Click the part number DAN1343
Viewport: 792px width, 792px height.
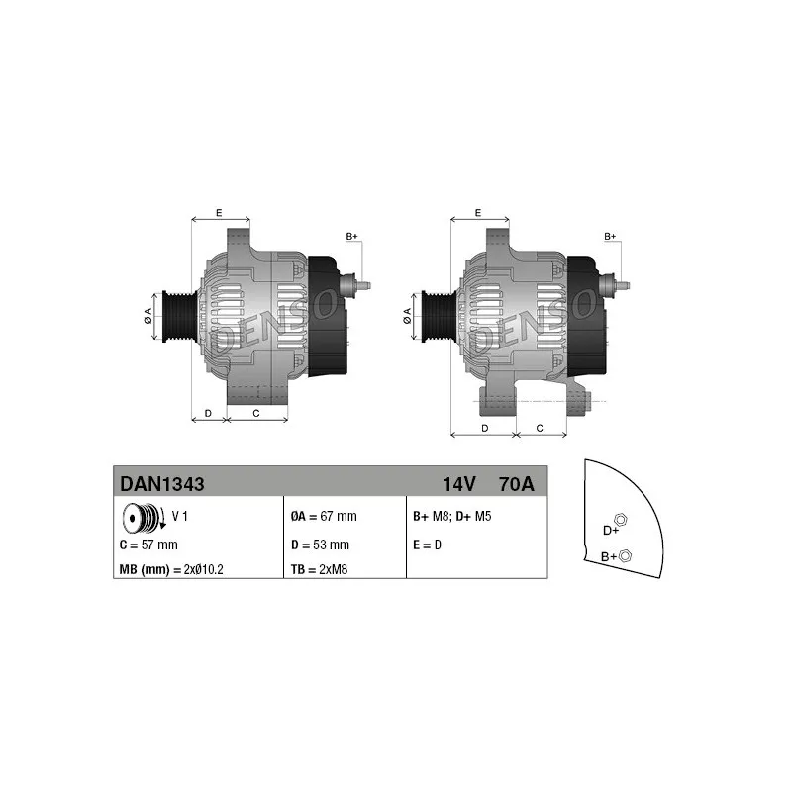[162, 484]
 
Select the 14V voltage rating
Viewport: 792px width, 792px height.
[459, 484]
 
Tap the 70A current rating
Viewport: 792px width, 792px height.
[516, 484]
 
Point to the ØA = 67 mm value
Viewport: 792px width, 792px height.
[324, 516]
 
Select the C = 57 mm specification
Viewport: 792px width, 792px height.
[148, 545]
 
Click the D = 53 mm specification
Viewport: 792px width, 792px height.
[320, 545]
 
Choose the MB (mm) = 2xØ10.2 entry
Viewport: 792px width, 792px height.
[171, 570]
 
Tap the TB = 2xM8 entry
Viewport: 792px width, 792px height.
[319, 570]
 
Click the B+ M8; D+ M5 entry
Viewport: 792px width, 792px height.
[452, 516]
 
